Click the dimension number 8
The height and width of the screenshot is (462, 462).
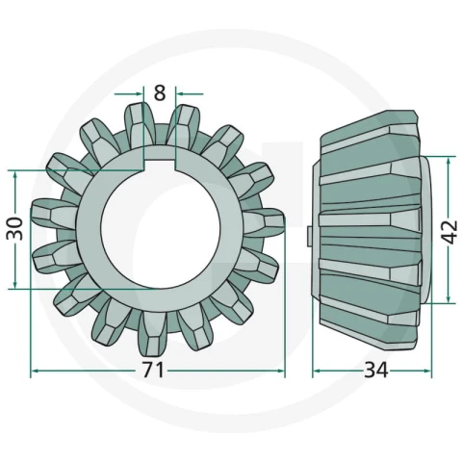tap(160, 93)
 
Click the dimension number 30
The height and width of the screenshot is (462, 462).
tap(15, 229)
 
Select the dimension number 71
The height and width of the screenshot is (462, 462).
tap(153, 370)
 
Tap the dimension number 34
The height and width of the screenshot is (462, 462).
tap(376, 370)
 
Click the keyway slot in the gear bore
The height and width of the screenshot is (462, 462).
tap(160, 160)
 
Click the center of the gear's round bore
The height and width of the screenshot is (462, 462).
tap(161, 229)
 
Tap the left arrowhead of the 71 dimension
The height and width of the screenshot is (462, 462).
tap(36, 371)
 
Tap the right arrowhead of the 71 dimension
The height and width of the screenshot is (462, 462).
tap(280, 371)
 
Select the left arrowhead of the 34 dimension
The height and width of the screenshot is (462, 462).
tap(317, 371)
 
